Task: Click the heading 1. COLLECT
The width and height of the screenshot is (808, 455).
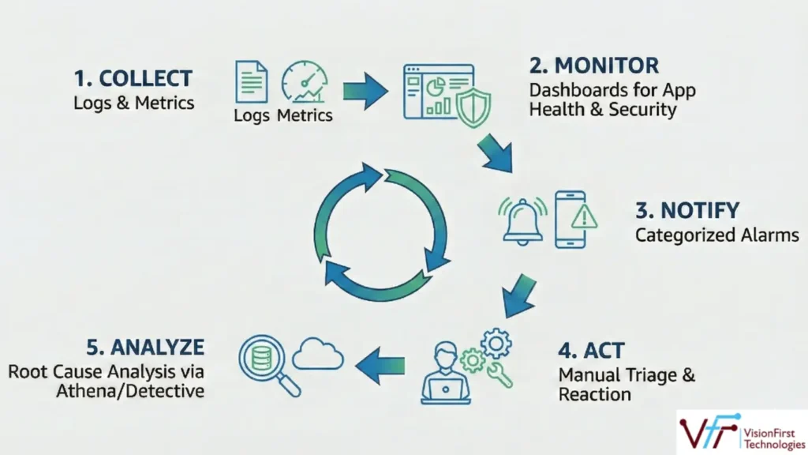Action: [x=133, y=78]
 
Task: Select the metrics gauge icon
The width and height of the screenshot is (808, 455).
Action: [x=304, y=82]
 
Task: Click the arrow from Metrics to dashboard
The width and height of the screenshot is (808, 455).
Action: [x=365, y=90]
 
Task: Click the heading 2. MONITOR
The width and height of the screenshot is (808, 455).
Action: [x=593, y=65]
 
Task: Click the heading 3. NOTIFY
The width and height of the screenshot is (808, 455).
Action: [x=687, y=211]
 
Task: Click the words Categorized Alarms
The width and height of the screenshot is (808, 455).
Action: [x=716, y=235]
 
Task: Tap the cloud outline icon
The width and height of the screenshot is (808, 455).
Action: [x=317, y=356]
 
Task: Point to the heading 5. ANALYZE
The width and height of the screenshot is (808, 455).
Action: [x=147, y=347]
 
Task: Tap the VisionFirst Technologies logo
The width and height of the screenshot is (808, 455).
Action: [x=740, y=431]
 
